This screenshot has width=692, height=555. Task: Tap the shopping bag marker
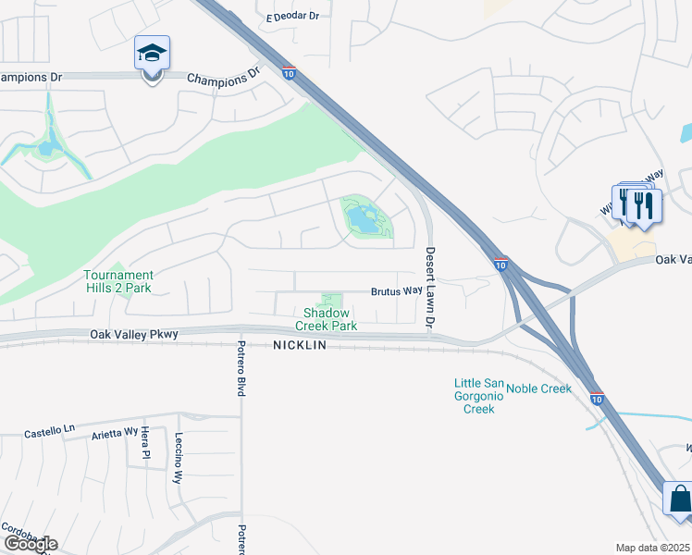(x=679, y=499)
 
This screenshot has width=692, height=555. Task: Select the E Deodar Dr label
(x=292, y=17)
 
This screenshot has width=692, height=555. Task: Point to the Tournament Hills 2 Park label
(x=117, y=281)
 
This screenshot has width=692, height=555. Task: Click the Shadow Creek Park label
(x=326, y=320)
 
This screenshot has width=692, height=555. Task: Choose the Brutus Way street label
(x=397, y=290)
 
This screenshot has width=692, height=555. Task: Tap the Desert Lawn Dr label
(x=429, y=288)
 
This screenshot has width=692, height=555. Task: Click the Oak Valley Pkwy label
(x=134, y=335)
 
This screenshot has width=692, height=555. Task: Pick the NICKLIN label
(x=301, y=346)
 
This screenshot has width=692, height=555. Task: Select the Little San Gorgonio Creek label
(x=479, y=396)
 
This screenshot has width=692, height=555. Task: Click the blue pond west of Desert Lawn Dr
(x=364, y=220)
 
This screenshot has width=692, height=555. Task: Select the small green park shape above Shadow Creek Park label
(x=330, y=302)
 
